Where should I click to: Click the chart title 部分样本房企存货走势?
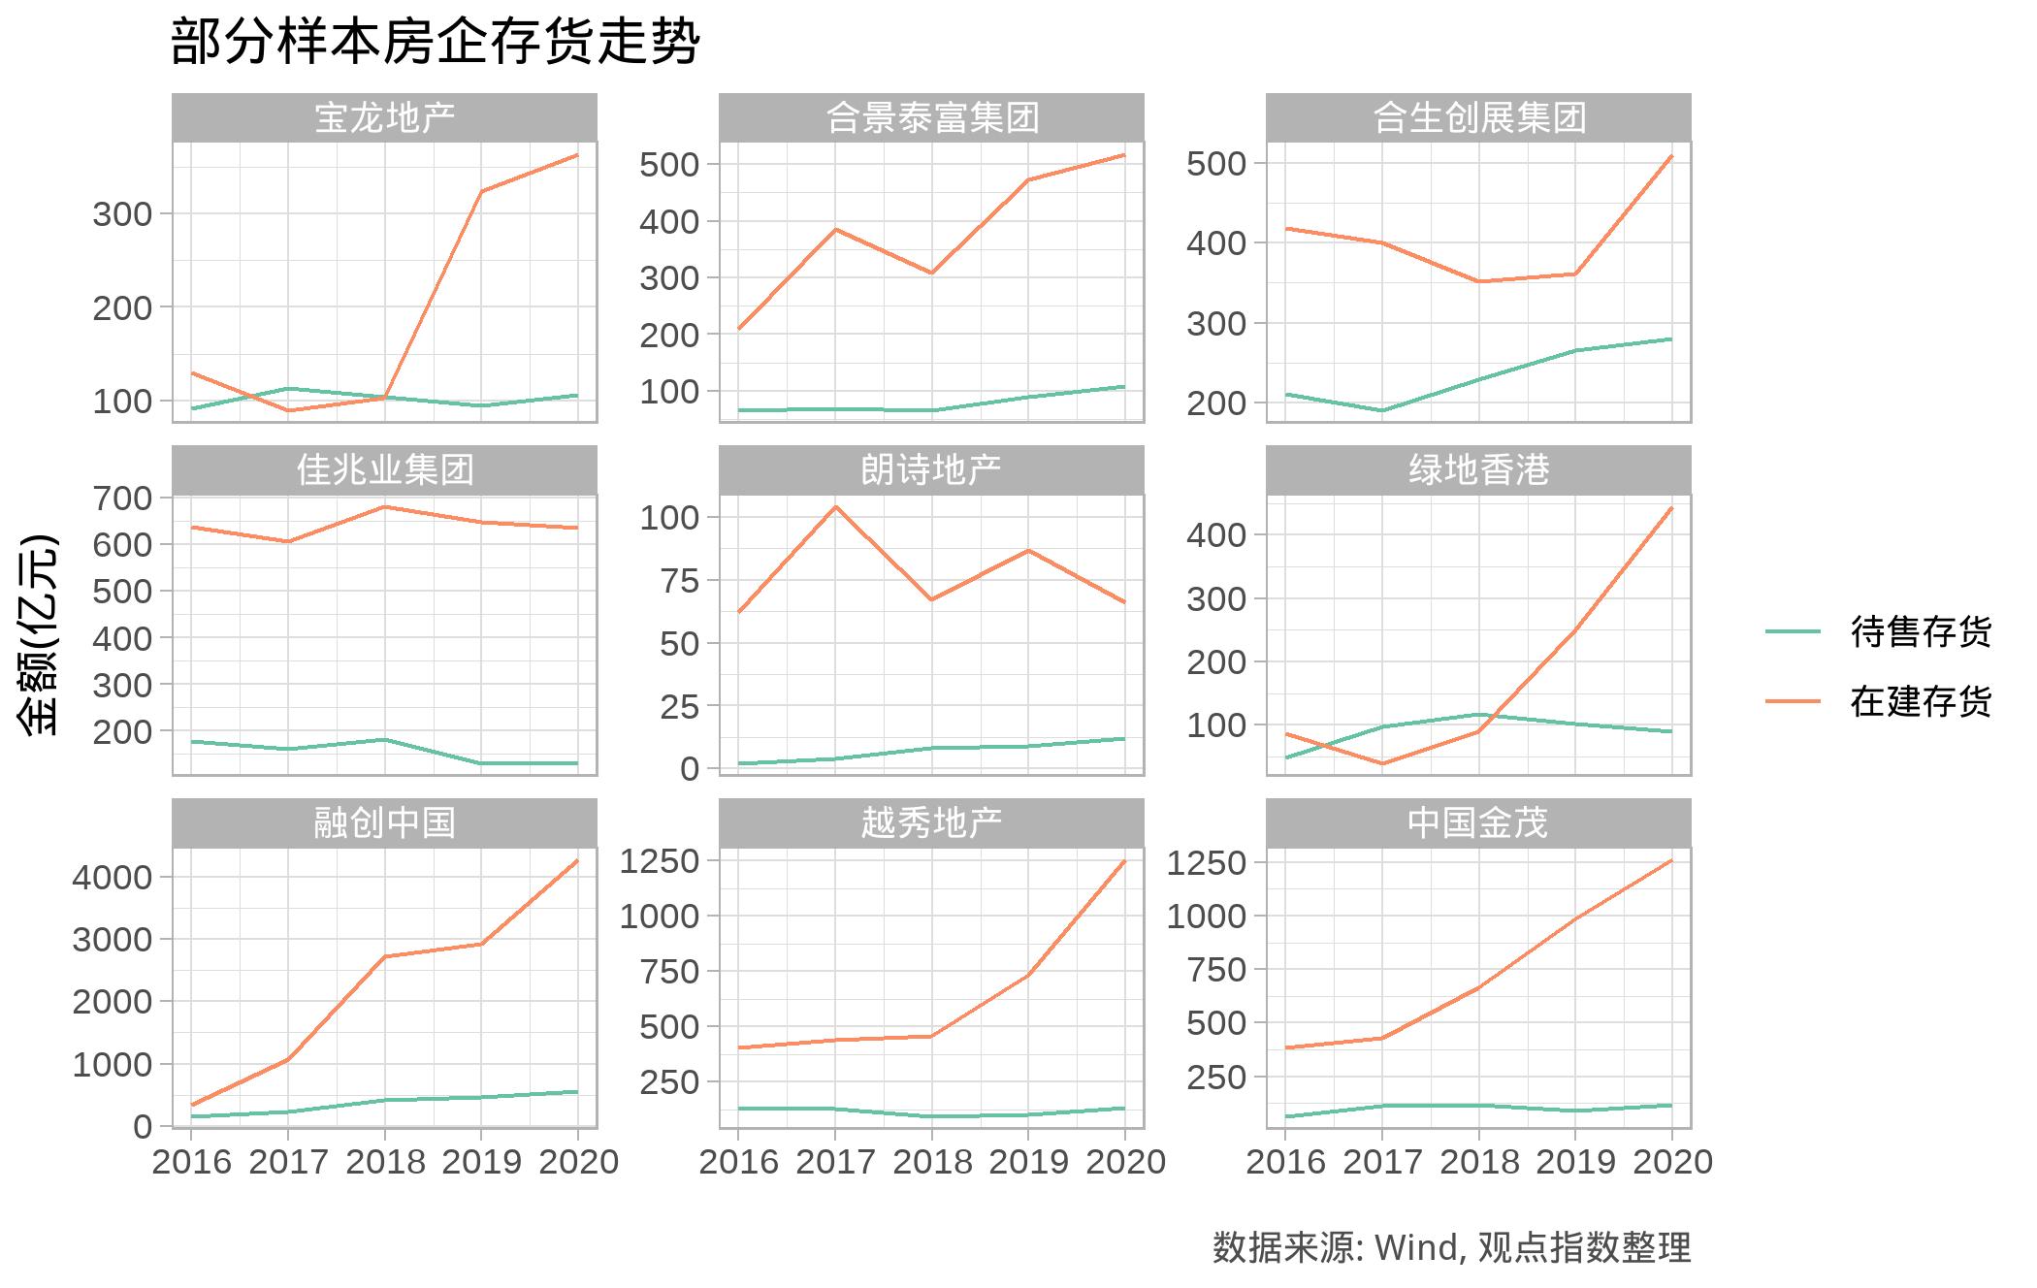435,43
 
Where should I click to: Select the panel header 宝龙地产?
384,117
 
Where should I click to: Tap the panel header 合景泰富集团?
931,117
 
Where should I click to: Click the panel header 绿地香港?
1478,470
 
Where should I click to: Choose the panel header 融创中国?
384,823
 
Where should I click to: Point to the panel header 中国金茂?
1478,823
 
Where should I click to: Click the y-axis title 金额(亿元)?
39,634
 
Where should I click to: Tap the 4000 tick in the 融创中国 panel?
113,877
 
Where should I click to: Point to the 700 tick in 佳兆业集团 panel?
122,498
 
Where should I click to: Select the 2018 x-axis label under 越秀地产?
932,1162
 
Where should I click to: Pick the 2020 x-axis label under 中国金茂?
1672,1162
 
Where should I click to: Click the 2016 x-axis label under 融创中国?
192,1162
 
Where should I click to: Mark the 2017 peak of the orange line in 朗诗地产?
835,506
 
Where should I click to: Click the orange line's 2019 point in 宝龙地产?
481,191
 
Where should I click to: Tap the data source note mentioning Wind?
1451,1247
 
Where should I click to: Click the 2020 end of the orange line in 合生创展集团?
1671,156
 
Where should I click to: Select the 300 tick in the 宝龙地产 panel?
122,214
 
